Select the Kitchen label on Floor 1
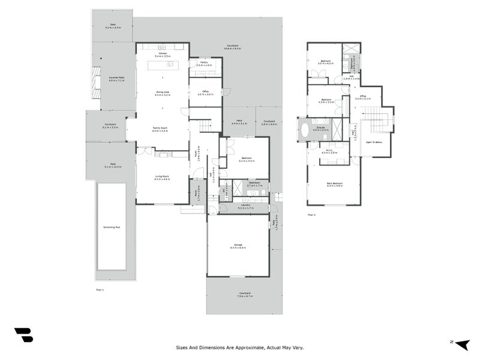(x=162, y=54)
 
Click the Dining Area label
(x=162, y=92)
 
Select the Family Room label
(x=160, y=128)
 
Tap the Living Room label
(x=161, y=176)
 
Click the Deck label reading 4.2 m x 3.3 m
(x=113, y=26)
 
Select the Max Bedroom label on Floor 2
(x=335, y=184)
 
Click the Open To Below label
(x=374, y=142)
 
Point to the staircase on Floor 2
(x=378, y=119)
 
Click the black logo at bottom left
(x=23, y=335)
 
